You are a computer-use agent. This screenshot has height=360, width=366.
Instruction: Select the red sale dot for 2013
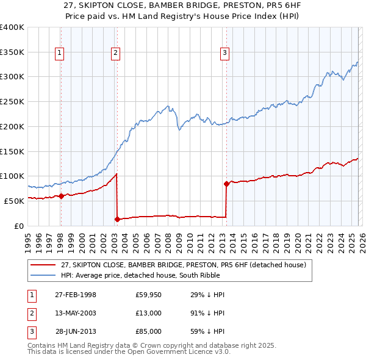[226, 183]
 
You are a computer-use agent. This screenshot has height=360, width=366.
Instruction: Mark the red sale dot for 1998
[61, 196]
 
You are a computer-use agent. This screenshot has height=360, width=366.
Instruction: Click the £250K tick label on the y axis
[12, 101]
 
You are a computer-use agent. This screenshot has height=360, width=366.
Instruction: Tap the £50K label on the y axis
[13, 201]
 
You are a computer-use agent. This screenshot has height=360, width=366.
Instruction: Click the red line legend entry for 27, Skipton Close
[187, 264]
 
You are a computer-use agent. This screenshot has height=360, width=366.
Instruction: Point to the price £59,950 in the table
[149, 295]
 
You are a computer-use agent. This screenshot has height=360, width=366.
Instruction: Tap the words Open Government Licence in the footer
[173, 352]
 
